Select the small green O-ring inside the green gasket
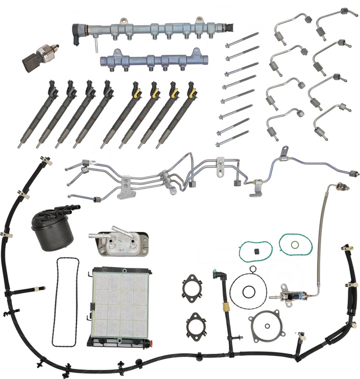(x=294, y=245)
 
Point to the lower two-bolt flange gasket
(x=197, y=325)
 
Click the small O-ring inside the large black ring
(x=249, y=293)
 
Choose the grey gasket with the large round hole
(x=267, y=329)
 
